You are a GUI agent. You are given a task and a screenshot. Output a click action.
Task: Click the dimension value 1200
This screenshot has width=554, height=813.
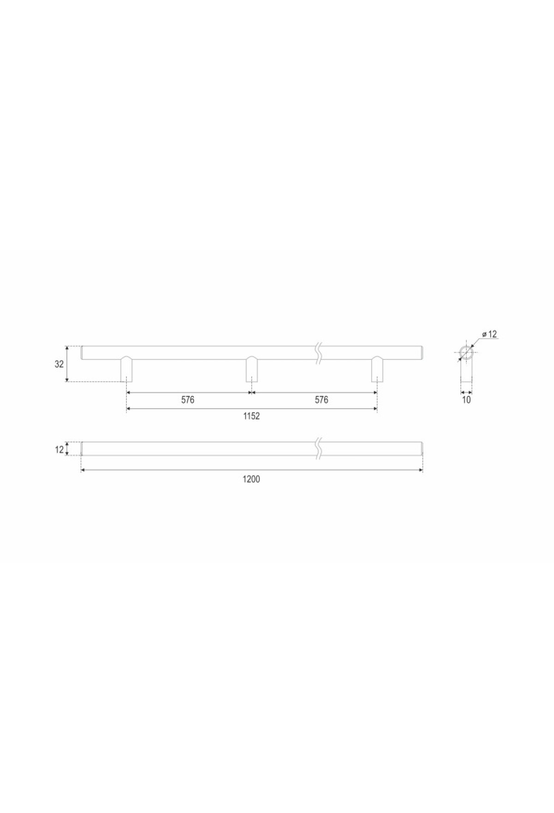251,479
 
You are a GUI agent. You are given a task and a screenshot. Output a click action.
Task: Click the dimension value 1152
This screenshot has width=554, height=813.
252,416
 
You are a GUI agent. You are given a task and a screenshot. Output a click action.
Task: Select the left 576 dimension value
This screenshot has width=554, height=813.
188,400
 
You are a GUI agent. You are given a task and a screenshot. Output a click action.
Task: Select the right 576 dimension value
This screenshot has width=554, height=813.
321,400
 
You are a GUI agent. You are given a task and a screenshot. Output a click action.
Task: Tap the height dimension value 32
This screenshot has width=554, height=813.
59,364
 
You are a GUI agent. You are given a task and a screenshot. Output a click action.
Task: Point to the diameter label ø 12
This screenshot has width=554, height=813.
489,334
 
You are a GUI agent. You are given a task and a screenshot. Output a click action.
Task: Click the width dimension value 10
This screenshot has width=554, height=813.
466,400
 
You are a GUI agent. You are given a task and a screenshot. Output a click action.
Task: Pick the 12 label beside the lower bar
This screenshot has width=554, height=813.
59,449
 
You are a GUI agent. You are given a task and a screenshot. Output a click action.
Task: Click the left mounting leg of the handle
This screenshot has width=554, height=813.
126,369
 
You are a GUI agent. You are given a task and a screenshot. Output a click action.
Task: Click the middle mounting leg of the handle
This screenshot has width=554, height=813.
252,369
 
